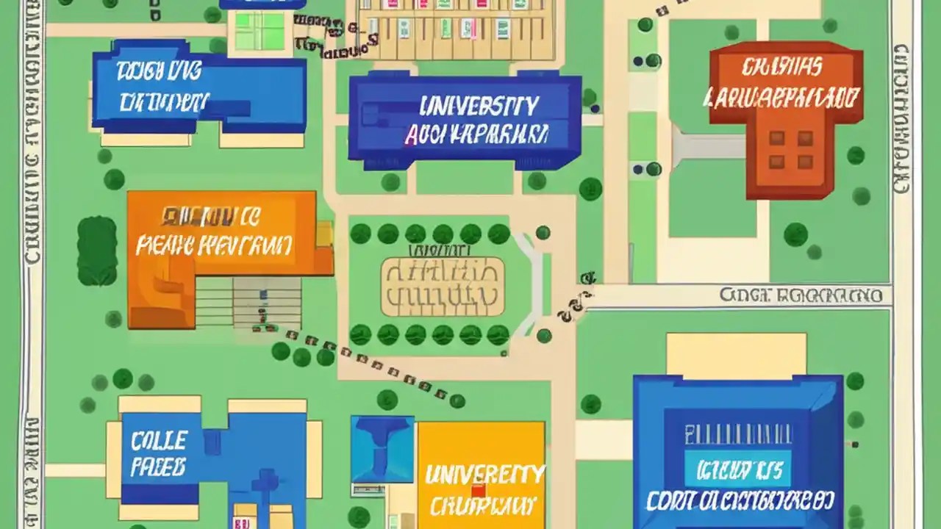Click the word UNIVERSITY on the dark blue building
(x=479, y=107)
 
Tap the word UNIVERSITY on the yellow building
(x=484, y=475)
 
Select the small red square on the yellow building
(x=479, y=491)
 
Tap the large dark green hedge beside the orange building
(x=96, y=251)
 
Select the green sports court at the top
(x=259, y=30)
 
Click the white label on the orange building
(x=214, y=233)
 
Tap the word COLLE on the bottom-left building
(x=158, y=441)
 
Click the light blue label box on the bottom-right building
(x=737, y=469)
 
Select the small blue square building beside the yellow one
(x=382, y=450)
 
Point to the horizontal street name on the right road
(x=801, y=295)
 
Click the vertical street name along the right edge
(x=901, y=118)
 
